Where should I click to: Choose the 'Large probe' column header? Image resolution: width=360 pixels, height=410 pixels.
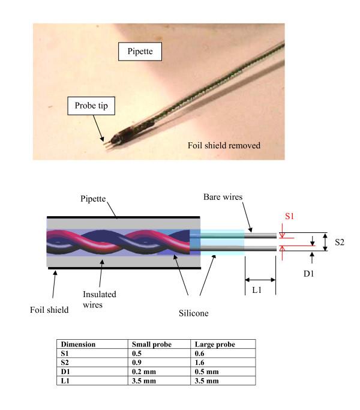(214, 345)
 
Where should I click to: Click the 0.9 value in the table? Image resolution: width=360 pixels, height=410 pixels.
(137, 361)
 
